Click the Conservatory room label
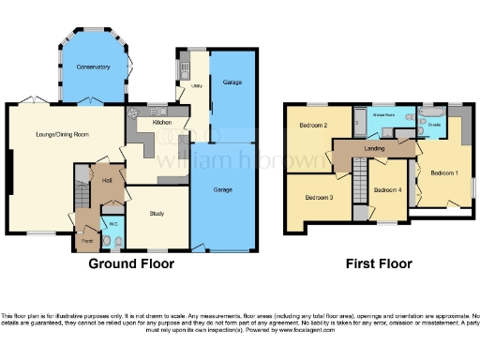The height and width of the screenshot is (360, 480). pos(93,67)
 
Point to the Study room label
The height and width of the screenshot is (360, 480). pos(157,214)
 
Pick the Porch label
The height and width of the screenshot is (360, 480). pos(87,241)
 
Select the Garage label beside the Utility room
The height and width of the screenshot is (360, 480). pos(232,84)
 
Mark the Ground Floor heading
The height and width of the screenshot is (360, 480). pos(130,264)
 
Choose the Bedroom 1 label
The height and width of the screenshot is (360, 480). pos(443,172)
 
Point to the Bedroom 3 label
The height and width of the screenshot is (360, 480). pos(319,198)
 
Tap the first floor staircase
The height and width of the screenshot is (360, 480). pos(357,178)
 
